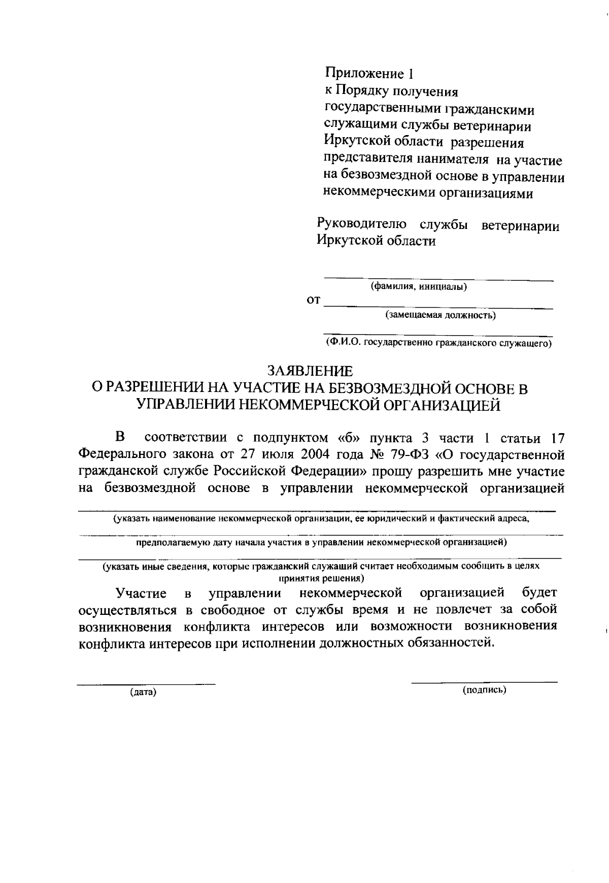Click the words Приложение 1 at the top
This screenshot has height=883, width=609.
pos(369,74)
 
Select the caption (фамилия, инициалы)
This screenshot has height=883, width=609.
pos(419,287)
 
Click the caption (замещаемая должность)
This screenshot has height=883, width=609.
pos(441,315)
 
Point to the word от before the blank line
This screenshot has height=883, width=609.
pos(313,301)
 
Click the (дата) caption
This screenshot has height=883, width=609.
pos(143,692)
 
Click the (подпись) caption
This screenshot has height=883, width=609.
pos(485,690)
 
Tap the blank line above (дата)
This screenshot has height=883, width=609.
pos(146,684)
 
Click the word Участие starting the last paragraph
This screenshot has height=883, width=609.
pos(141,593)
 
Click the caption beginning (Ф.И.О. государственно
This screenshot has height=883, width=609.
pos(438,343)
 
